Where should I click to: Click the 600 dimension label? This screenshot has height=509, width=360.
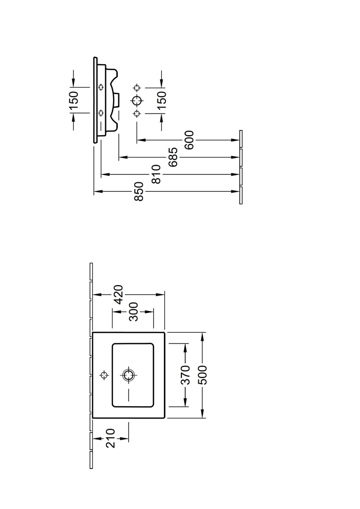(x=189, y=140)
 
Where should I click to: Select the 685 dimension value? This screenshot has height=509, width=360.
(x=172, y=157)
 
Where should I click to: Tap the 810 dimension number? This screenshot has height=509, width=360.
(x=157, y=174)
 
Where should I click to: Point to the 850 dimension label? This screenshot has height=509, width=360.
(x=139, y=192)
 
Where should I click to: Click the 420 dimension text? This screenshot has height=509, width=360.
(x=118, y=295)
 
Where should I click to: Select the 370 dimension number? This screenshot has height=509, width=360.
(x=185, y=375)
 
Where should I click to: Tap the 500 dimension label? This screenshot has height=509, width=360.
(x=202, y=375)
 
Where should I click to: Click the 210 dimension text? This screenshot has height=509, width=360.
(x=110, y=438)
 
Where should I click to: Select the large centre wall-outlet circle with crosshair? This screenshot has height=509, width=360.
(x=137, y=100)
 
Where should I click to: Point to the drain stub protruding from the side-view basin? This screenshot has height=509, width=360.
(x=116, y=100)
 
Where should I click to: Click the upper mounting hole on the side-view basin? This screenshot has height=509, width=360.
(x=100, y=88)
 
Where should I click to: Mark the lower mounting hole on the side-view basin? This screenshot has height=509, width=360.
(x=100, y=112)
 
